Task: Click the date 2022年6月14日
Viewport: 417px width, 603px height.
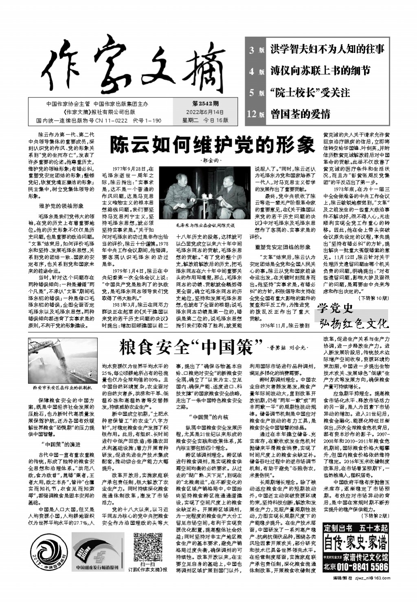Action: coord(205,112)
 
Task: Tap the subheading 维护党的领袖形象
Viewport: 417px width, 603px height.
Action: coord(61,206)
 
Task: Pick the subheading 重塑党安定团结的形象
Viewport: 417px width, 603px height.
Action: coord(283,247)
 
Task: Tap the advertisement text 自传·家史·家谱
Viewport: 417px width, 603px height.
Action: coord(356,543)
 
